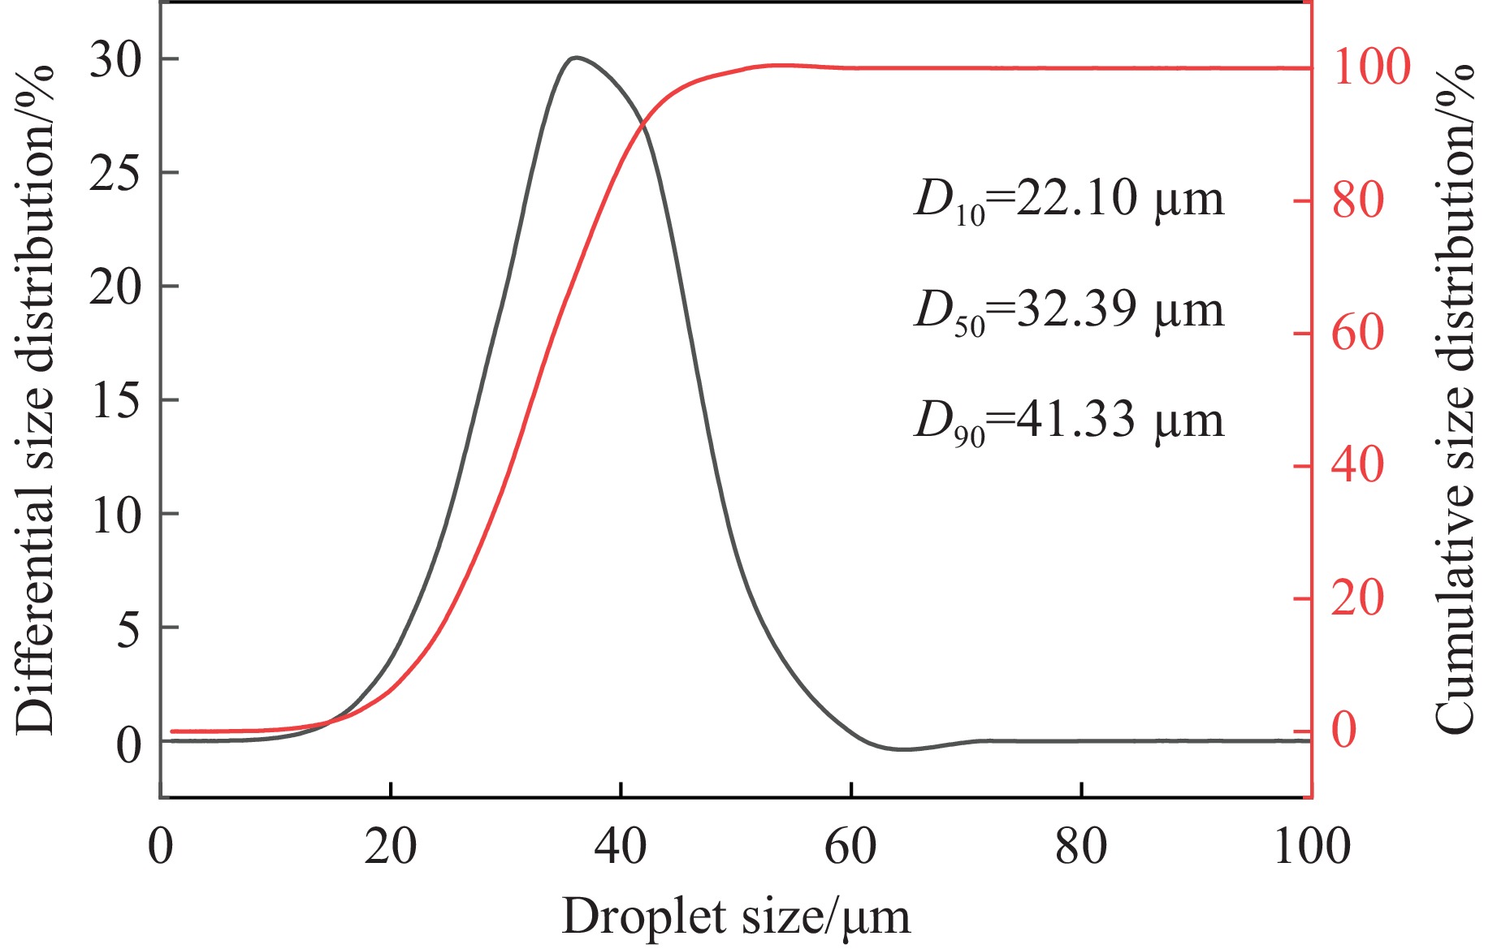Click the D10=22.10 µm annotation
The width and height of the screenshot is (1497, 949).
click(1068, 200)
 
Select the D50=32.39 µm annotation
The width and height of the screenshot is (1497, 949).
click(1068, 311)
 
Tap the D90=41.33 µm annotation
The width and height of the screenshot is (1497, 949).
click(1068, 421)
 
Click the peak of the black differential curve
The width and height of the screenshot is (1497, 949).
click(576, 58)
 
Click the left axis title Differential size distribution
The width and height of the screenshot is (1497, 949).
click(34, 399)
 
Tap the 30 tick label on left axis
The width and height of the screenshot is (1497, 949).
click(115, 61)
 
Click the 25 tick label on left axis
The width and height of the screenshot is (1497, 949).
click(115, 174)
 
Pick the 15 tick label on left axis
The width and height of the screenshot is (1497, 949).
click(115, 401)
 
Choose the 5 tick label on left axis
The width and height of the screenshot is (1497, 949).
click(128, 628)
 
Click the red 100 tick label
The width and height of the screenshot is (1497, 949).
click(1372, 67)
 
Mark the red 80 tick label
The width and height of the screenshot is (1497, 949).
click(1358, 201)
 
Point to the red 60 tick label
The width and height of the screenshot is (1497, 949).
click(1358, 333)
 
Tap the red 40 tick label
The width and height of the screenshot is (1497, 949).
click(1358, 466)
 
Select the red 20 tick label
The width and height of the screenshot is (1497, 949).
click(1358, 599)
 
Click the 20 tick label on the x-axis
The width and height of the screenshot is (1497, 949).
click(391, 846)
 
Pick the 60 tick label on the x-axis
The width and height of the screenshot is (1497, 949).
click(850, 846)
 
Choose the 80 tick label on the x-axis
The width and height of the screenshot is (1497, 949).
click(1081, 846)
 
